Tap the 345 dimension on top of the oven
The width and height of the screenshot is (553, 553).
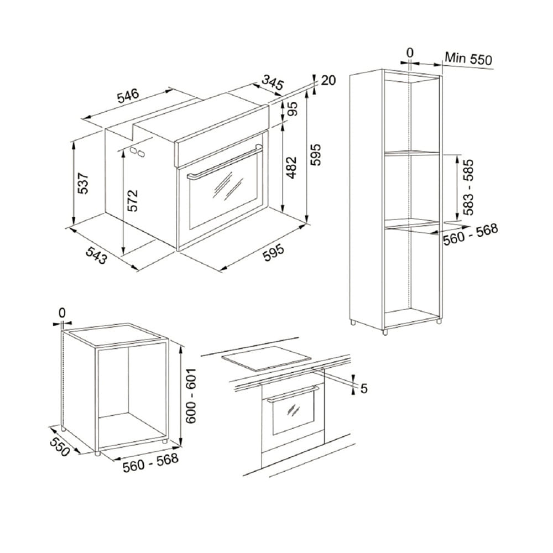pyautogui.click(x=272, y=84)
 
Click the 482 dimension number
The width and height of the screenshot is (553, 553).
pyautogui.click(x=291, y=168)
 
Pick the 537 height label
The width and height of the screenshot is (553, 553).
pyautogui.click(x=83, y=184)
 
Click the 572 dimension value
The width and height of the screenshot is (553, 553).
pyautogui.click(x=132, y=201)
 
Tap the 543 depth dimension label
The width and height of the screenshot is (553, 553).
pyautogui.click(x=96, y=255)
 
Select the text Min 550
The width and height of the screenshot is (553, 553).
pyautogui.click(x=468, y=59)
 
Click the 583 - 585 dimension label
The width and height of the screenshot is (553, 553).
pyautogui.click(x=468, y=187)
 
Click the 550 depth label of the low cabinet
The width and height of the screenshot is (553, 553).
pyautogui.click(x=59, y=447)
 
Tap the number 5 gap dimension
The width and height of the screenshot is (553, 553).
pyautogui.click(x=364, y=388)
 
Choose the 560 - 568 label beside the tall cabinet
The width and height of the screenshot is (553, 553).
pyautogui.click(x=471, y=234)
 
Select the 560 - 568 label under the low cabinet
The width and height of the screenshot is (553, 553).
pyautogui.click(x=150, y=462)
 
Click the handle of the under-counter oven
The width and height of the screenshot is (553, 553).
pyautogui.click(x=293, y=394)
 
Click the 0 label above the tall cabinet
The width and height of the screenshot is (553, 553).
pyautogui.click(x=409, y=53)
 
